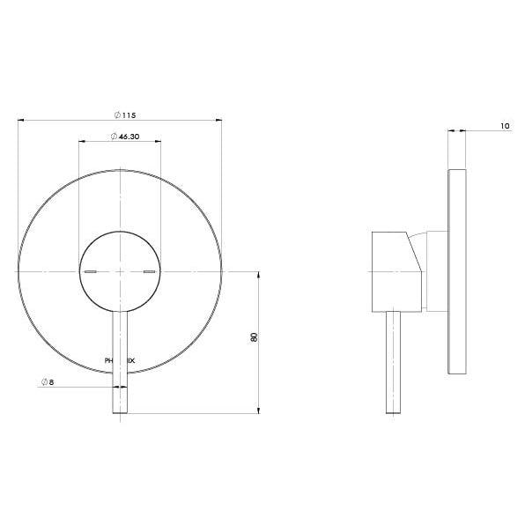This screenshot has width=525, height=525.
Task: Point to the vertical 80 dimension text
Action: pyautogui.click(x=254, y=338)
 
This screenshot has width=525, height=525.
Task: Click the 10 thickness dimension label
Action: pyautogui.click(x=504, y=127)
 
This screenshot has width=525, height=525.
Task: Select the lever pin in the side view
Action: pyautogui.click(x=392, y=361)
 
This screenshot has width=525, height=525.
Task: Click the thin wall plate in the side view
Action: pyautogui.click(x=457, y=270)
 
